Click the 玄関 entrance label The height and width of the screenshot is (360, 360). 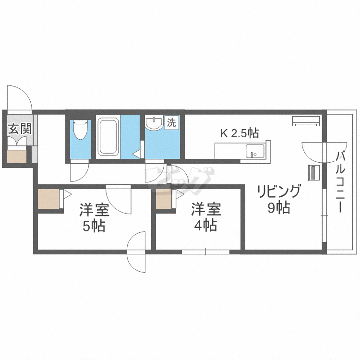coord(20,129)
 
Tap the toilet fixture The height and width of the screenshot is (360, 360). coord(80,130)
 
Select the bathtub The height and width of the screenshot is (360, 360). coord(108,137)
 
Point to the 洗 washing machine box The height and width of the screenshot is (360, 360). coord(172,122)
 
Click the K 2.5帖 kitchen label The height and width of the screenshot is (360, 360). coord(239,133)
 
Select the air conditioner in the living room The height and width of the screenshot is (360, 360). coord(305,120)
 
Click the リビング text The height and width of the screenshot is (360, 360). coord(279,192)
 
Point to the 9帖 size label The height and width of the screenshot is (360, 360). coord(279,208)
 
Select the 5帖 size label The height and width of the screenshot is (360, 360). coord(94,226)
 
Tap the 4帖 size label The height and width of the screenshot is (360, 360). coord(206,225)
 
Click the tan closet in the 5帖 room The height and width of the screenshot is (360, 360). coord(48,198)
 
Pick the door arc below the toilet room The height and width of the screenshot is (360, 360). coord(79,172)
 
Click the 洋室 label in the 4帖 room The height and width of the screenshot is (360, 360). coord(206,209)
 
